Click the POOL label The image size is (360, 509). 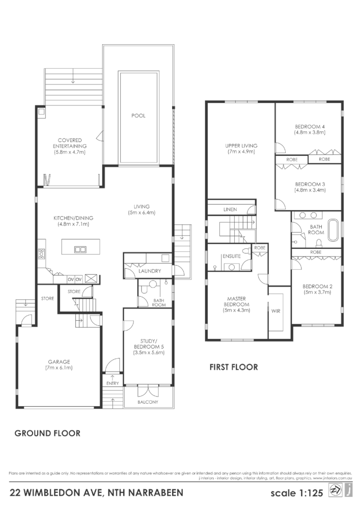coord(139,116)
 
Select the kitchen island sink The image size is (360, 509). coord(80,249)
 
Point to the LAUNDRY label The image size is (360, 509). coord(150,271)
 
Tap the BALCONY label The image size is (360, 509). coord(148,402)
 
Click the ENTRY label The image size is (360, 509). coord(113,383)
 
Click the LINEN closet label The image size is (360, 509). coord(230,210)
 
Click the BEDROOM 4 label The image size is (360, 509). coord(309,129)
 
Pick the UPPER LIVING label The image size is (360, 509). coord(241,149)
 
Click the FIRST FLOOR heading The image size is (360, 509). coord(234,366)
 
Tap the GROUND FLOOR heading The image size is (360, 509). coord(47,434)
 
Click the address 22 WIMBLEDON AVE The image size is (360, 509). coord(56,493)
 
